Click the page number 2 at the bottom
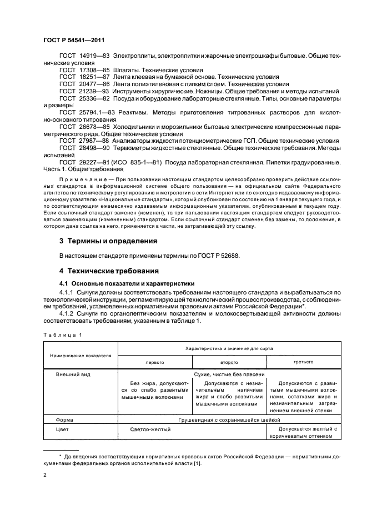click(x=45, y=476)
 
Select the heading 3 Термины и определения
click(x=108, y=241)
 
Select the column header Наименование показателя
click(x=81, y=354)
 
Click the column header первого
click(x=155, y=361)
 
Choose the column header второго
click(x=229, y=361)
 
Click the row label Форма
click(x=65, y=420)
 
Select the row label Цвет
click(x=63, y=429)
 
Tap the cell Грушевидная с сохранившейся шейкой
click(x=229, y=420)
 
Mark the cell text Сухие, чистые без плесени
click(x=229, y=375)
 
